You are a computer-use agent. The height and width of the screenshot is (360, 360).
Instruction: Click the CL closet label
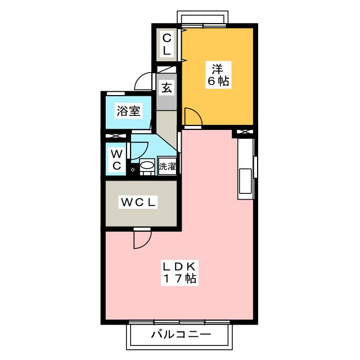click(x=167, y=44)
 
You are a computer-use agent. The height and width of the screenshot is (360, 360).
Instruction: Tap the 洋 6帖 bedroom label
click(x=218, y=75)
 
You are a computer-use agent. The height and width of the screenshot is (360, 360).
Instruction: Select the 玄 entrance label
click(x=166, y=88)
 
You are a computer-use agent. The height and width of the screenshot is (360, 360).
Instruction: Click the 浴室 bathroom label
click(x=129, y=111)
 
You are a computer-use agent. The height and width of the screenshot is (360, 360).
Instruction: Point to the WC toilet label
click(x=117, y=160)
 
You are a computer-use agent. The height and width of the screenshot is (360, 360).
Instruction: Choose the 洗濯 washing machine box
click(x=167, y=166)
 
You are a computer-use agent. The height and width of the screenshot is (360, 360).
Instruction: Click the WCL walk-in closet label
click(x=138, y=202)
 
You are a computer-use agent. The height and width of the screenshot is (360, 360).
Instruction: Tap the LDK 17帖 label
click(x=179, y=272)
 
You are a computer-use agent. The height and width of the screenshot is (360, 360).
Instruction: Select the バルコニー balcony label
click(x=181, y=335)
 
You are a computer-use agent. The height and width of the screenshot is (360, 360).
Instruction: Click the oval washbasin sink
click(x=147, y=165)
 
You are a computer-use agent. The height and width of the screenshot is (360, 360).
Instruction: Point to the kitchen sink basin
click(x=245, y=181)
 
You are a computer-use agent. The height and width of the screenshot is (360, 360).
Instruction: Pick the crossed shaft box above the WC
click(x=116, y=136)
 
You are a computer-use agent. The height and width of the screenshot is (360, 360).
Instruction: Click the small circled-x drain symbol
click(x=133, y=170)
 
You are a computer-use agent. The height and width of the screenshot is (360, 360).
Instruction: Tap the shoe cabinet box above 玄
click(x=166, y=70)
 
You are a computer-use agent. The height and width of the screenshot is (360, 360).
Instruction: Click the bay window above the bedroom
click(x=202, y=17)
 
